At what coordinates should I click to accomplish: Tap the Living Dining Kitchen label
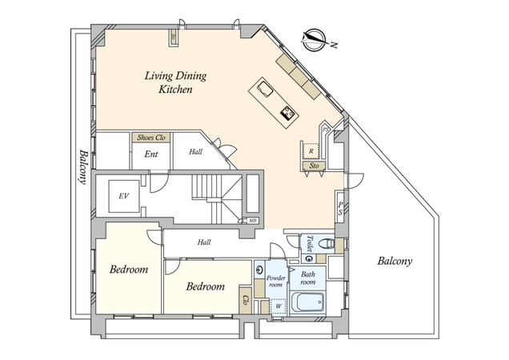pyautogui.click(x=175, y=82)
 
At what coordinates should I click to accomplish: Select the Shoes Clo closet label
pyautogui.click(x=151, y=138)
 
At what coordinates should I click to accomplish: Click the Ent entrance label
pyautogui.click(x=151, y=154)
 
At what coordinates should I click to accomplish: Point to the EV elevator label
pyautogui.click(x=123, y=196)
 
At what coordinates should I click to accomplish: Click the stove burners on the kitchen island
pyautogui.click(x=288, y=114)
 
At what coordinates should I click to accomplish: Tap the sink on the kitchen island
pyautogui.click(x=265, y=88)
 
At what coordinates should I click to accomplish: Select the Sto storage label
pyautogui.click(x=314, y=166)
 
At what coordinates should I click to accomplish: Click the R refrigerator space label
pyautogui.click(x=311, y=151)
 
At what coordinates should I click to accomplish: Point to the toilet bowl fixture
pyautogui.click(x=327, y=243)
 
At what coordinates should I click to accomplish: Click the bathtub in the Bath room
pyautogui.click(x=307, y=302)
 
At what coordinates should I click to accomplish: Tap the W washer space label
pyautogui.click(x=279, y=306)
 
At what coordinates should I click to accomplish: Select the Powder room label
pyautogui.click(x=276, y=281)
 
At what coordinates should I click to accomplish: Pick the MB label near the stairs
pyautogui.click(x=253, y=221)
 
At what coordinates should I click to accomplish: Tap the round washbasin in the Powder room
pyautogui.click(x=259, y=270)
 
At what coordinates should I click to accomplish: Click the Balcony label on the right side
pyautogui.click(x=395, y=261)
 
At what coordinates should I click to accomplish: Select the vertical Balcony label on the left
pyautogui.click(x=83, y=167)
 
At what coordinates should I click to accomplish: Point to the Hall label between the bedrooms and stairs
pyautogui.click(x=204, y=242)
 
